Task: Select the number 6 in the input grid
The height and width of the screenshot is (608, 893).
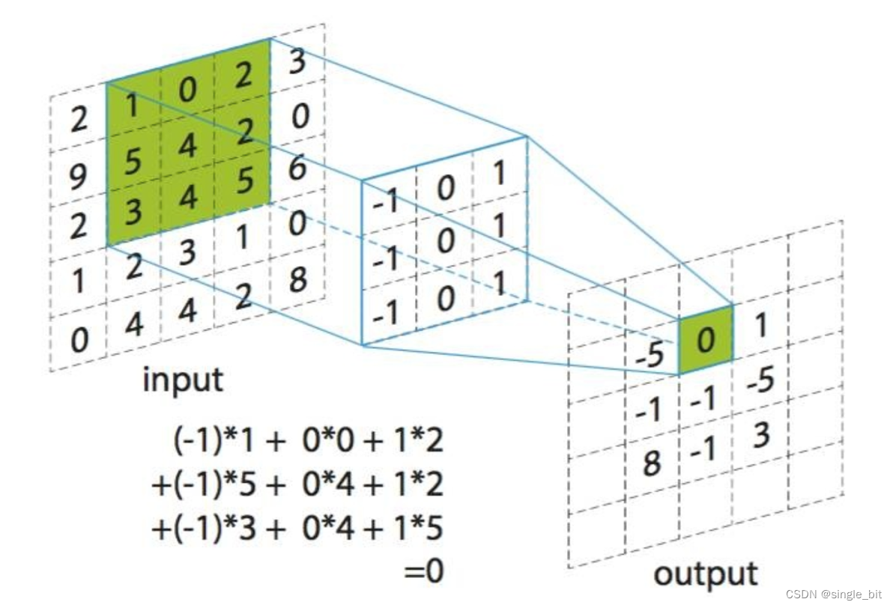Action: pyautogui.click(x=297, y=169)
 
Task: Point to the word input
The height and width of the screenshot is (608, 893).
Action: pyautogui.click(x=183, y=380)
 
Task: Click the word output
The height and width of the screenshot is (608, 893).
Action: pyautogui.click(x=706, y=574)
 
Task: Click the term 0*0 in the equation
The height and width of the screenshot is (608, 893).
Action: pyautogui.click(x=322, y=441)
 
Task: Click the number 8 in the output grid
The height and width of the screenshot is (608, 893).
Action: pyautogui.click(x=652, y=463)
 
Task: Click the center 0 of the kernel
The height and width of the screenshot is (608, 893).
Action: pyautogui.click(x=446, y=243)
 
